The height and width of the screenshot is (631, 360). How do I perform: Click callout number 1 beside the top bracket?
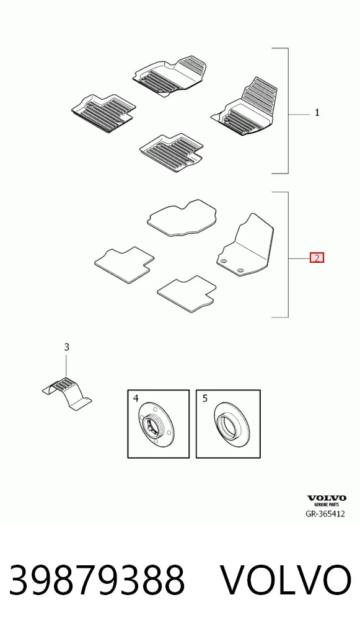tap(317, 113)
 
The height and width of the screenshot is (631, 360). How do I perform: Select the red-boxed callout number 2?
tap(317, 258)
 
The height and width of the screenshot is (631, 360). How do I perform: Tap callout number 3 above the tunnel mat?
tap(67, 347)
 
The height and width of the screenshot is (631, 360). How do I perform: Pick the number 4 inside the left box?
tap(136, 399)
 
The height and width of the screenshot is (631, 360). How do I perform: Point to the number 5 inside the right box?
tap(205, 399)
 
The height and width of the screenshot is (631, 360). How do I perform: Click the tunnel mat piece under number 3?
tap(67, 393)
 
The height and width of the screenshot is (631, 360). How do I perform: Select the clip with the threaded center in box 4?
tap(157, 425)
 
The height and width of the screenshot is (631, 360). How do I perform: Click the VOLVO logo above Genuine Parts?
tap(327, 498)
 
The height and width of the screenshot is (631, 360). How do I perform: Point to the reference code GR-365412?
tap(325, 513)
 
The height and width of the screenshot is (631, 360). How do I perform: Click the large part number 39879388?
tap(97, 580)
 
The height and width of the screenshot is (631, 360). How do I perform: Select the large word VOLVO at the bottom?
tap(286, 580)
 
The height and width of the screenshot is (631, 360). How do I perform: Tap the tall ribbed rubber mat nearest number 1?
tap(245, 107)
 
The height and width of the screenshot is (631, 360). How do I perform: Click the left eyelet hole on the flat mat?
tap(224, 261)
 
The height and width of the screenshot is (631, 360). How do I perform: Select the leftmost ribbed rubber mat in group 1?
tap(103, 113)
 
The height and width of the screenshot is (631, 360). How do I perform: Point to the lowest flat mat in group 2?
tap(187, 293)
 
